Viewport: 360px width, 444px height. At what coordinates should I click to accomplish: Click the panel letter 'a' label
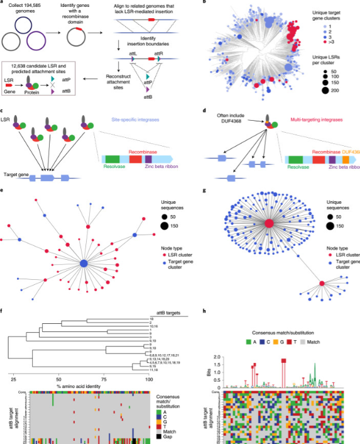3,3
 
